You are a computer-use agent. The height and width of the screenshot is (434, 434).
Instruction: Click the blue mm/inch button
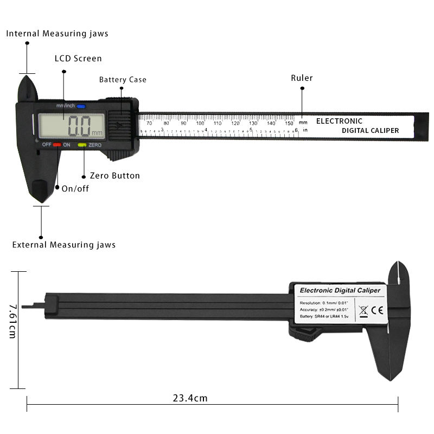point(81,106)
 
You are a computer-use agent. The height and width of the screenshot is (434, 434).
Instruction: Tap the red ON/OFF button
point(57,145)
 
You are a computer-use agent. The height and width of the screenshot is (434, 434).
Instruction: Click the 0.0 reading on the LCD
point(80,129)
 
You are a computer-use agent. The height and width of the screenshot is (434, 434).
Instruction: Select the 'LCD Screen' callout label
point(78,59)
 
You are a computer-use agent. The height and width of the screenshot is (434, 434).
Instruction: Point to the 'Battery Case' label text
point(123,80)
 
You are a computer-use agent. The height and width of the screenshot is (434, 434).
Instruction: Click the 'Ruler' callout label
point(302,78)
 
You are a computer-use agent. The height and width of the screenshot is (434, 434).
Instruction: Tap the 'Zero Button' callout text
point(111,176)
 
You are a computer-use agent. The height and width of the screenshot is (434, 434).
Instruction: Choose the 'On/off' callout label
point(75,189)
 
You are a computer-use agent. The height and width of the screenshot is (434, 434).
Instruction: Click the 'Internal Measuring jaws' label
point(57,34)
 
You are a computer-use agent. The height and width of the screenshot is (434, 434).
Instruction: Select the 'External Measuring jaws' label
point(64,245)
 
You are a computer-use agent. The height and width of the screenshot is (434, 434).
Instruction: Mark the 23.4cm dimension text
point(190,398)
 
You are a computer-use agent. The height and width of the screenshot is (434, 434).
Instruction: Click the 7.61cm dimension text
point(12,321)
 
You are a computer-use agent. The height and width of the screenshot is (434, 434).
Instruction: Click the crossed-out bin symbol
point(363,311)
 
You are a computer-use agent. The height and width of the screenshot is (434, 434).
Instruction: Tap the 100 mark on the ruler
point(200,123)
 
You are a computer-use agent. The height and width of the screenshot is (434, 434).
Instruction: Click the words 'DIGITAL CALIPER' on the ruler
point(370,131)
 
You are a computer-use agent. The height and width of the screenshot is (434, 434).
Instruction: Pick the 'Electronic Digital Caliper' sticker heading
point(340,290)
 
